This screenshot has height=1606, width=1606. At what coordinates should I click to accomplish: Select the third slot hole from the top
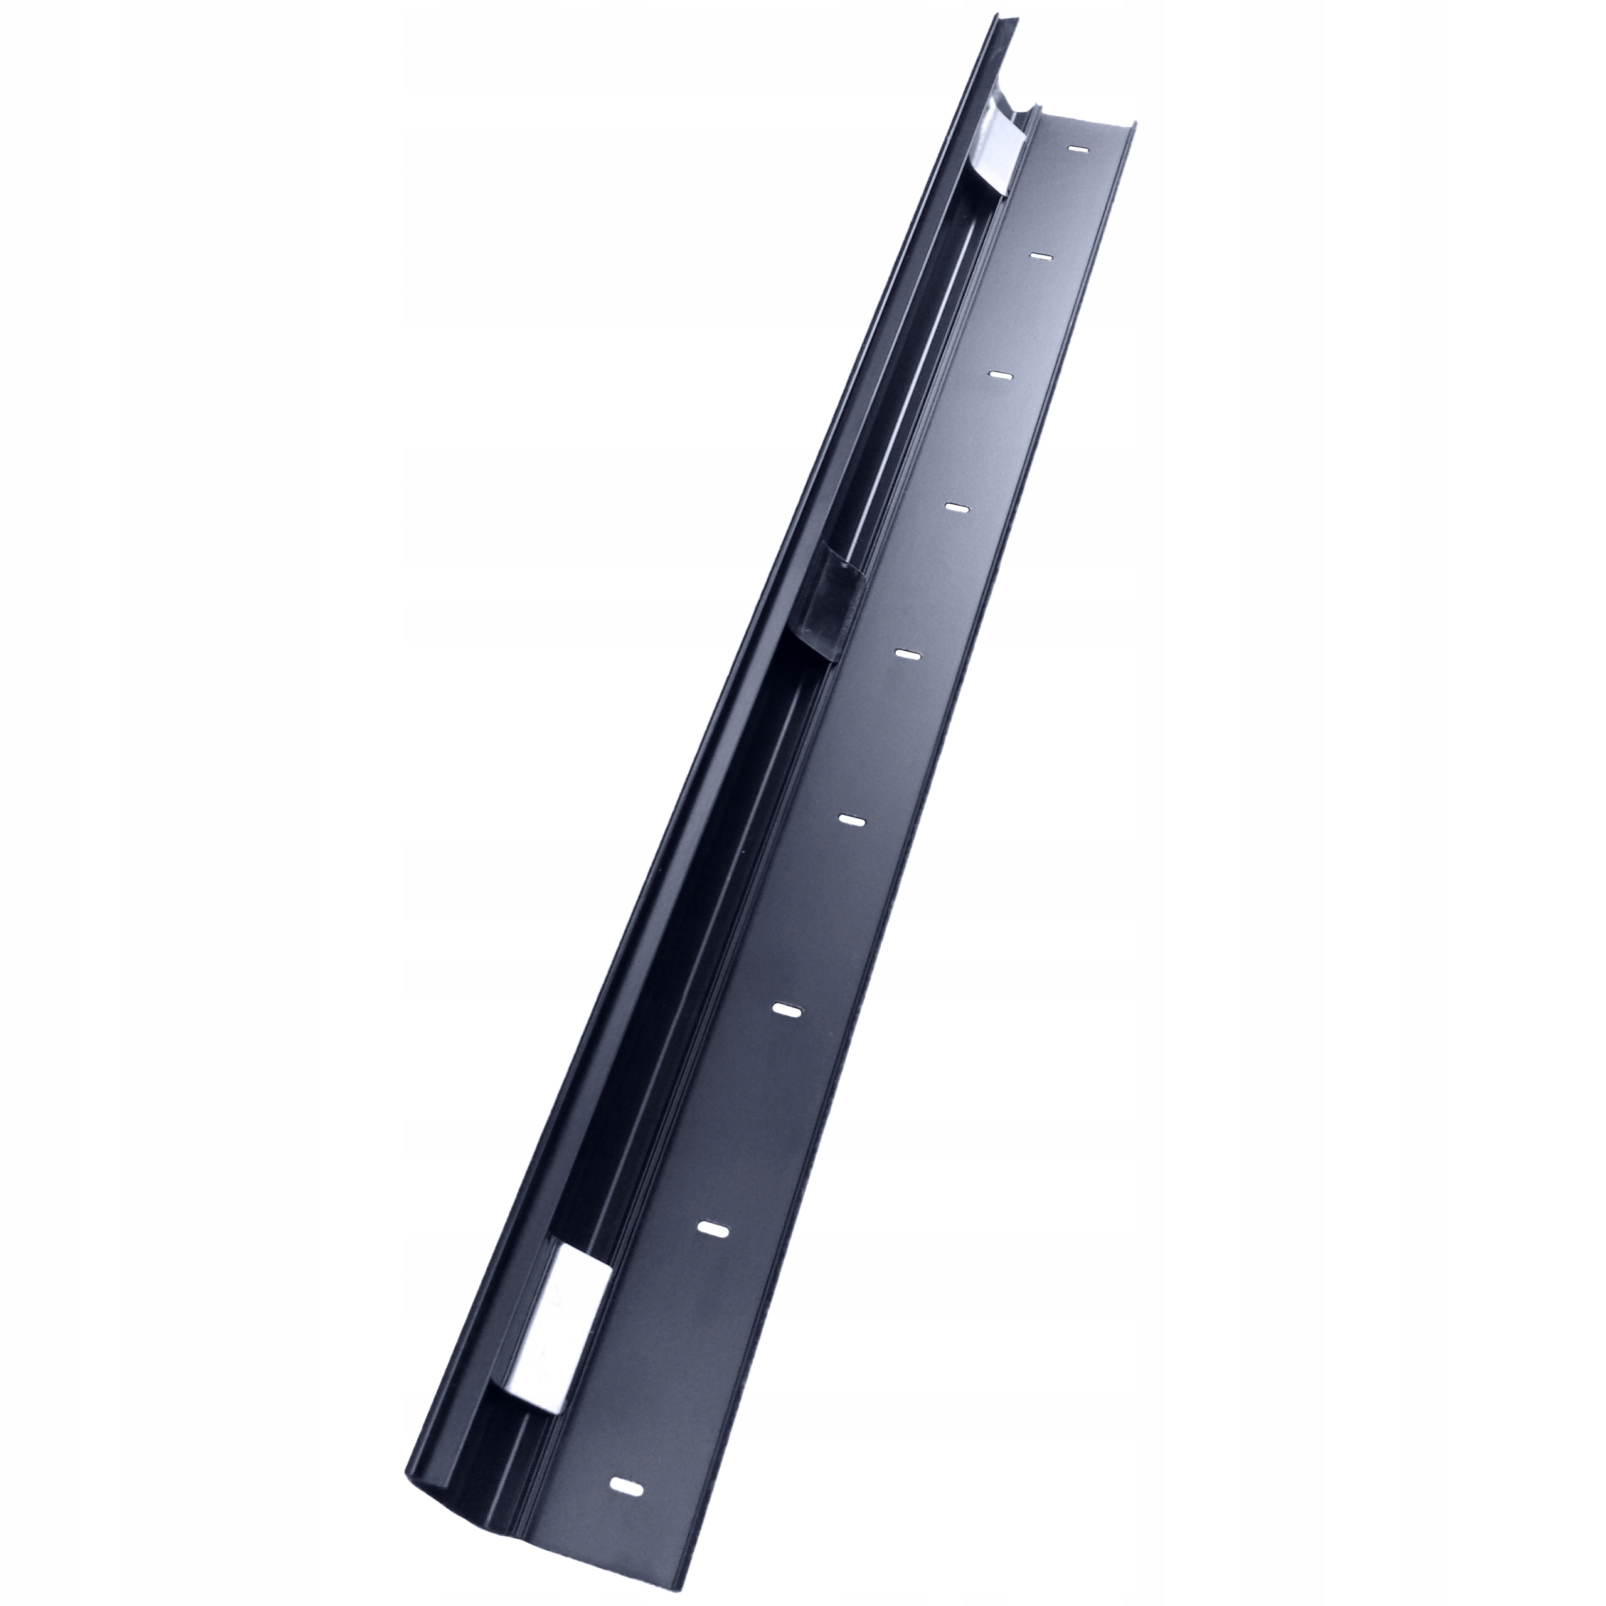pyautogui.click(x=1000, y=376)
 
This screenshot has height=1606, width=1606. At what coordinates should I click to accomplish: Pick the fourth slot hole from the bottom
pyautogui.click(x=851, y=821)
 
